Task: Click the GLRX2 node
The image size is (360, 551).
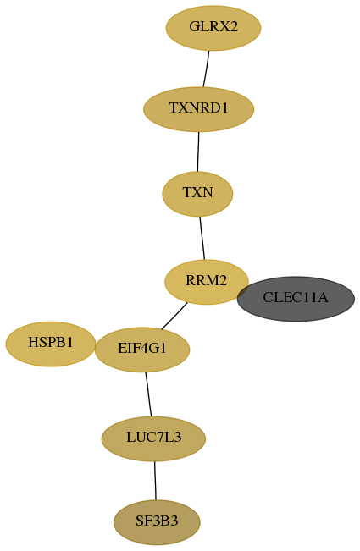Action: (213, 28)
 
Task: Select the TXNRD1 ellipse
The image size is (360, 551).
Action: (198, 109)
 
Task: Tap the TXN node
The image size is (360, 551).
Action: (197, 194)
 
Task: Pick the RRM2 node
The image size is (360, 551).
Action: (207, 282)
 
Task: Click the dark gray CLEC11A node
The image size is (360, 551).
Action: (296, 299)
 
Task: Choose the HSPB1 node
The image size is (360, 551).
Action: (51, 344)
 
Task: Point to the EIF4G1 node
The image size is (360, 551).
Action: (142, 350)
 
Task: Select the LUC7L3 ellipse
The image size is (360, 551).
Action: (153, 439)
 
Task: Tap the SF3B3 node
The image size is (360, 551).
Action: (157, 522)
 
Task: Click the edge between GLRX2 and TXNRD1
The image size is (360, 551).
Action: (206, 69)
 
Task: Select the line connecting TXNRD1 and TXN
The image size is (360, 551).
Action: (198, 152)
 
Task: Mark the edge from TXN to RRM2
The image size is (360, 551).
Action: (202, 238)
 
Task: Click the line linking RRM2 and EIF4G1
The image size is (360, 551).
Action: (174, 316)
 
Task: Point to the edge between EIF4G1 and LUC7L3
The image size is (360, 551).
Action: (148, 394)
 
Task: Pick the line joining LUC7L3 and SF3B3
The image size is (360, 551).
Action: (155, 481)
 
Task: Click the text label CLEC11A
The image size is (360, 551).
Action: (296, 298)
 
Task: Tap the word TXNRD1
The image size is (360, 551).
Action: (198, 107)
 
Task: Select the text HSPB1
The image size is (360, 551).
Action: (51, 342)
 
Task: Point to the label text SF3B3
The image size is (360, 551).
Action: (157, 521)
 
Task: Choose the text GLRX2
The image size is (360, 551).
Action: (213, 26)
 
